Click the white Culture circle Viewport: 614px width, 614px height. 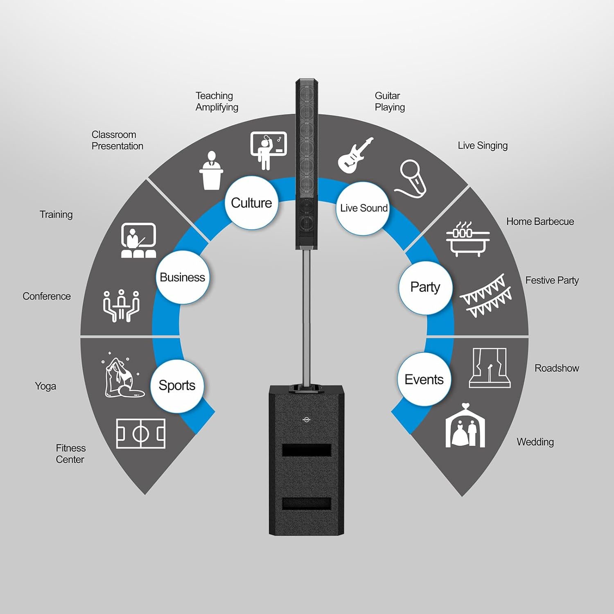tap(251, 203)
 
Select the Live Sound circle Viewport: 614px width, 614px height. tap(363, 208)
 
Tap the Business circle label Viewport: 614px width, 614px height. tap(182, 277)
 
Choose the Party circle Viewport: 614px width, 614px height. tap(425, 287)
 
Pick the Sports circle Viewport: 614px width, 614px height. tap(177, 386)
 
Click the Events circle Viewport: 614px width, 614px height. tap(424, 379)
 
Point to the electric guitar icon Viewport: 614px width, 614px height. tap(354, 155)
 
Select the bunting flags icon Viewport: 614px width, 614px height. tap(486, 296)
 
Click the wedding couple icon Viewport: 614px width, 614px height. tap(465, 427)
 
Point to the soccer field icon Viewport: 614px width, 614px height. tap(140, 433)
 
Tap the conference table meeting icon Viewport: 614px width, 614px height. tap(121, 305)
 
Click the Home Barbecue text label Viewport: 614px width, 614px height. tap(540, 221)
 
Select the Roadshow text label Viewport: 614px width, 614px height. tap(556, 368)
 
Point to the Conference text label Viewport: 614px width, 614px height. tap(47, 296)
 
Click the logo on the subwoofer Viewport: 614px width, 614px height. tap(306, 418)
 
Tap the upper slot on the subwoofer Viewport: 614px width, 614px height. tap(307, 450)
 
